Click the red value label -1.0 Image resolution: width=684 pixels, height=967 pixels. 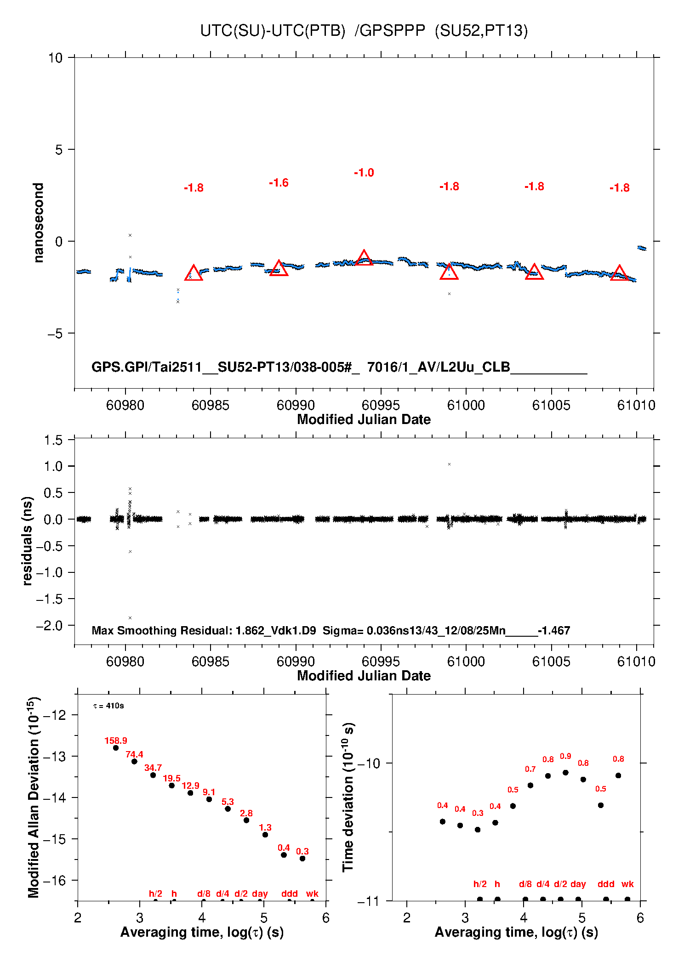[x=364, y=173]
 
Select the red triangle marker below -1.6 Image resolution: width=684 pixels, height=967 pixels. [x=279, y=269]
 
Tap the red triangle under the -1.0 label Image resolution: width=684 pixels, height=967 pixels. [x=364, y=259]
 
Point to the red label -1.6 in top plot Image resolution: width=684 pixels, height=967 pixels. [x=279, y=183]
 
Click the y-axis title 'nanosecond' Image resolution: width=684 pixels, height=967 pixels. [x=39, y=223]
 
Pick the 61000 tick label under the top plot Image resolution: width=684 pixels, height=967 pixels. [x=466, y=405]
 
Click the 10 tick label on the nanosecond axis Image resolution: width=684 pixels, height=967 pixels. [x=55, y=58]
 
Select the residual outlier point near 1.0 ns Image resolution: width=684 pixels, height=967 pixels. [x=449, y=464]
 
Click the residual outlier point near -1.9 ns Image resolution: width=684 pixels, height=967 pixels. [x=130, y=618]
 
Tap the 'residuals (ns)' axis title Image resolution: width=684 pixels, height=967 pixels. [x=28, y=541]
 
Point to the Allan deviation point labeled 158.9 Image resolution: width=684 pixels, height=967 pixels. [x=116, y=748]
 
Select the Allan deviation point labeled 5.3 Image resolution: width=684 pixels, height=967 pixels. [x=228, y=809]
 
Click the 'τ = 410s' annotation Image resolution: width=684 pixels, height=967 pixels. [x=108, y=706]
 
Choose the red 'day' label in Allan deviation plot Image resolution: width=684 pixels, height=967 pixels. [x=260, y=893]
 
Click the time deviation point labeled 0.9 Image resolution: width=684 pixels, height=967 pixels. [x=565, y=773]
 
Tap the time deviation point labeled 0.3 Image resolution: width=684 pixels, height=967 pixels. [x=478, y=830]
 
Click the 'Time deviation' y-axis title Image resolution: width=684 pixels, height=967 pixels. [x=348, y=797]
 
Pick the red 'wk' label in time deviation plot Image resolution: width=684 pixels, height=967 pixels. [x=627, y=884]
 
